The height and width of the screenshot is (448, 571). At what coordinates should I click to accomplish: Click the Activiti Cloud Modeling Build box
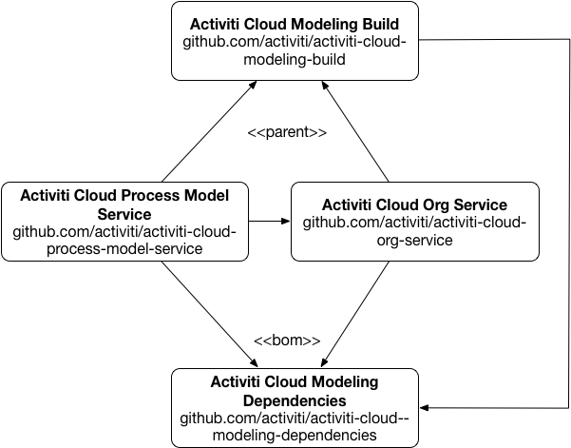coord(295,41)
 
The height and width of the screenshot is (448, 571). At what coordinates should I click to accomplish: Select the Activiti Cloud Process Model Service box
coord(124,222)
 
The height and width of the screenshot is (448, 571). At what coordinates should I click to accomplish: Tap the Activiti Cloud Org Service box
coord(414,222)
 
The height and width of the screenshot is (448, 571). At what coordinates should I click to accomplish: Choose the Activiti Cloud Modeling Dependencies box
coord(295,407)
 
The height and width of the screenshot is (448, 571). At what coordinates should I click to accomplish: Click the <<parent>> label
coord(287,132)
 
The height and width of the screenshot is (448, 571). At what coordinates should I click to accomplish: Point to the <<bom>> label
coord(287,340)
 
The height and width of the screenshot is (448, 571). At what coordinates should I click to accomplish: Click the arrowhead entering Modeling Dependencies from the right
coord(425,408)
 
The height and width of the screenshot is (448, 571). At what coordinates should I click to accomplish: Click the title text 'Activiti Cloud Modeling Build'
coord(295,23)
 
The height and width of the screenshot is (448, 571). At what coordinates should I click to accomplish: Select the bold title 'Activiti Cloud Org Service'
coord(414,205)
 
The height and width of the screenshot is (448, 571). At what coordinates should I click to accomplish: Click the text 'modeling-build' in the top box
coord(295,59)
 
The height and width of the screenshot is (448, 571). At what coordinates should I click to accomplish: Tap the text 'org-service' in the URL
coord(414,240)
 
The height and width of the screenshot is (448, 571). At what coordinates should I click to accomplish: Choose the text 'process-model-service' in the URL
coord(124,249)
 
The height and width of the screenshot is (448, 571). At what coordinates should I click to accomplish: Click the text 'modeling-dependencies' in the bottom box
coord(295,435)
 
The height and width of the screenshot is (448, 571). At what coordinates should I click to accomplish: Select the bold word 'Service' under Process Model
coord(124,214)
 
